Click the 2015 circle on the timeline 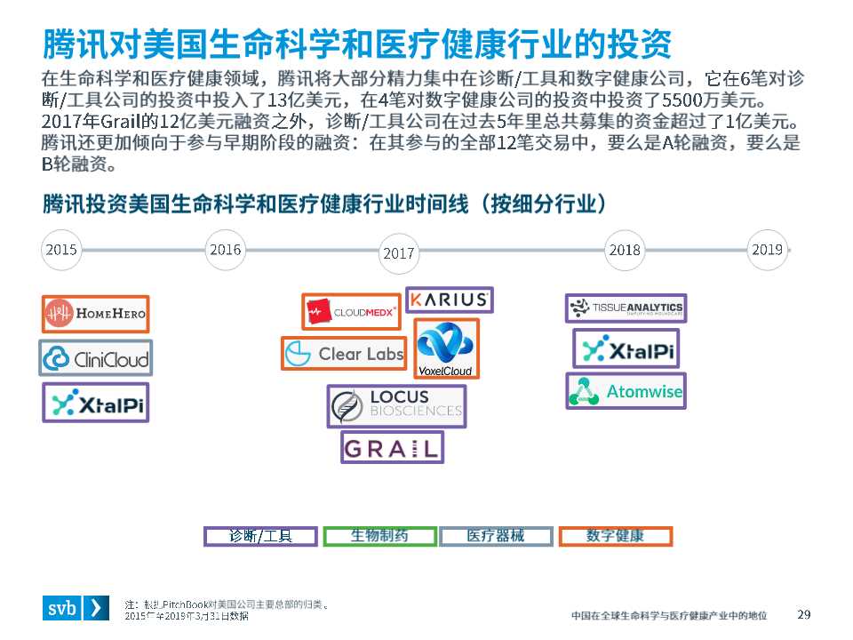[x=61, y=250]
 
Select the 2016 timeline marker [x=225, y=250]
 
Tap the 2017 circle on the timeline [x=399, y=253]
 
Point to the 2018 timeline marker [x=625, y=250]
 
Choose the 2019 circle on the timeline [x=767, y=250]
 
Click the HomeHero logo [x=96, y=314]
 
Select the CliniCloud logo [x=96, y=358]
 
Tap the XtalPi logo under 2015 [x=96, y=403]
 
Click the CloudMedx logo [x=351, y=312]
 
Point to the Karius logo [x=449, y=300]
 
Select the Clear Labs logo [x=344, y=354]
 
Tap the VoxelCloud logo [x=446, y=349]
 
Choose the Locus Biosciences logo [x=396, y=406]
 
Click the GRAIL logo [x=392, y=447]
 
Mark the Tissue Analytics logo [x=626, y=308]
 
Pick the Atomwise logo [x=626, y=391]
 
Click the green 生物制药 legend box [x=379, y=536]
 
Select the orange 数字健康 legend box [x=615, y=536]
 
